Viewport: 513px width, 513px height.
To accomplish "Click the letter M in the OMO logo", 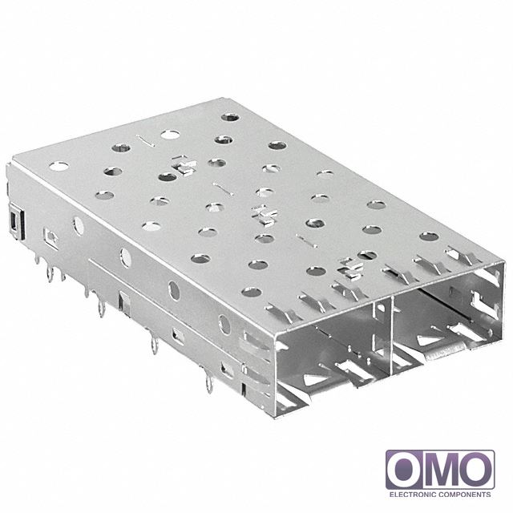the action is coord(440,470).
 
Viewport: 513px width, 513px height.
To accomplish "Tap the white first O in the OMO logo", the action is coord(405,470).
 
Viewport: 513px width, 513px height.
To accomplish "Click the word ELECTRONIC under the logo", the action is coord(413,495).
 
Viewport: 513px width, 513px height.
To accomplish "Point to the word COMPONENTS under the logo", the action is coord(465,495).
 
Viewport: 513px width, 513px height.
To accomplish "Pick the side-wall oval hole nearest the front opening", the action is coord(224,324).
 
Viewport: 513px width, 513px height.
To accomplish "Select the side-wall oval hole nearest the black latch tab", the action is coord(79,226).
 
